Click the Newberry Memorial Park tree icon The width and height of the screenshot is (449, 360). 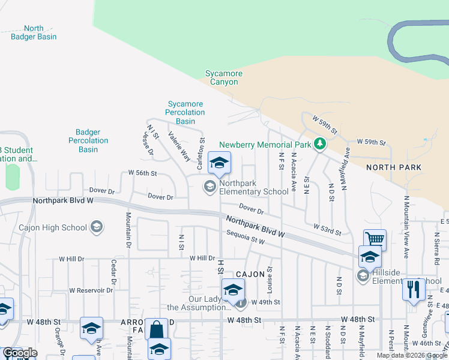coord(321,144)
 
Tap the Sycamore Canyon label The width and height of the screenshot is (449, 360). coord(224,78)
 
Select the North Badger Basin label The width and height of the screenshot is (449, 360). coord(34,32)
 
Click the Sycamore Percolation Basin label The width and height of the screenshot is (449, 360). coord(185,112)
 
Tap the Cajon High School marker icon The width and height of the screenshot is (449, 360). coord(97,227)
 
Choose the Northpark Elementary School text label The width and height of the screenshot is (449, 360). coord(254,187)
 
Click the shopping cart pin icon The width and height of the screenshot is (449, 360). coord(375,239)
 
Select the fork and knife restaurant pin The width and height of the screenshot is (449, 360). coord(413,289)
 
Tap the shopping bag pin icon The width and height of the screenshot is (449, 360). coord(156,329)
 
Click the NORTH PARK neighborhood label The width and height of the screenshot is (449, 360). coord(394,167)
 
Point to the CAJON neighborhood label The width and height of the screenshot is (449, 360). coord(250,274)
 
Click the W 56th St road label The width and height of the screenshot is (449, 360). coord(142,173)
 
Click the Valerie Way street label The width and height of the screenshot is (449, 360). coord(179,146)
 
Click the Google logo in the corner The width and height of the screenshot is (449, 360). coord(19,353)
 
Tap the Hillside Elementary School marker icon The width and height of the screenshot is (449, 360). coord(363,276)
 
